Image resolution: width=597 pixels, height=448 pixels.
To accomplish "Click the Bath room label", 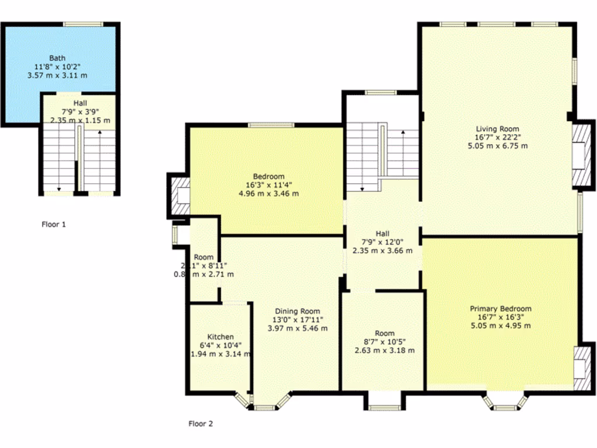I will coord(57,58).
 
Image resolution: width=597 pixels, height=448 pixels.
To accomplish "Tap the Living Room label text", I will coord(497,129).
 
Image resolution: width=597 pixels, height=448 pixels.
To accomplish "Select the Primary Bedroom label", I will coord(501,309).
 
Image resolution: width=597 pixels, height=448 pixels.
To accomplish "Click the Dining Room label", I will coord(297,311).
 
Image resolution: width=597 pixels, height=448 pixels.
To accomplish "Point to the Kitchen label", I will coord(221,337).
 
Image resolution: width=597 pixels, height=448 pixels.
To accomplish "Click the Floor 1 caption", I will coord(54,224).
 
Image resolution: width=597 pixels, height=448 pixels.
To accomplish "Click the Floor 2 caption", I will coord(201,424).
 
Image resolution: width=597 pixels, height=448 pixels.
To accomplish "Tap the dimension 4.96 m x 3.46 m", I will coord(269,193).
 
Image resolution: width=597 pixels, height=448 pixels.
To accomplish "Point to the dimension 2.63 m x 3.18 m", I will coord(385,350).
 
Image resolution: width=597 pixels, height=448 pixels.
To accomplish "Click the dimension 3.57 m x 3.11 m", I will coord(57,75).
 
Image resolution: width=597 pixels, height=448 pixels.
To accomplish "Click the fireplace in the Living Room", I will coord(580,154).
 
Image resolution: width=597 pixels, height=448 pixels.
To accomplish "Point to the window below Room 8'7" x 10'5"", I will coord(384,407).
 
